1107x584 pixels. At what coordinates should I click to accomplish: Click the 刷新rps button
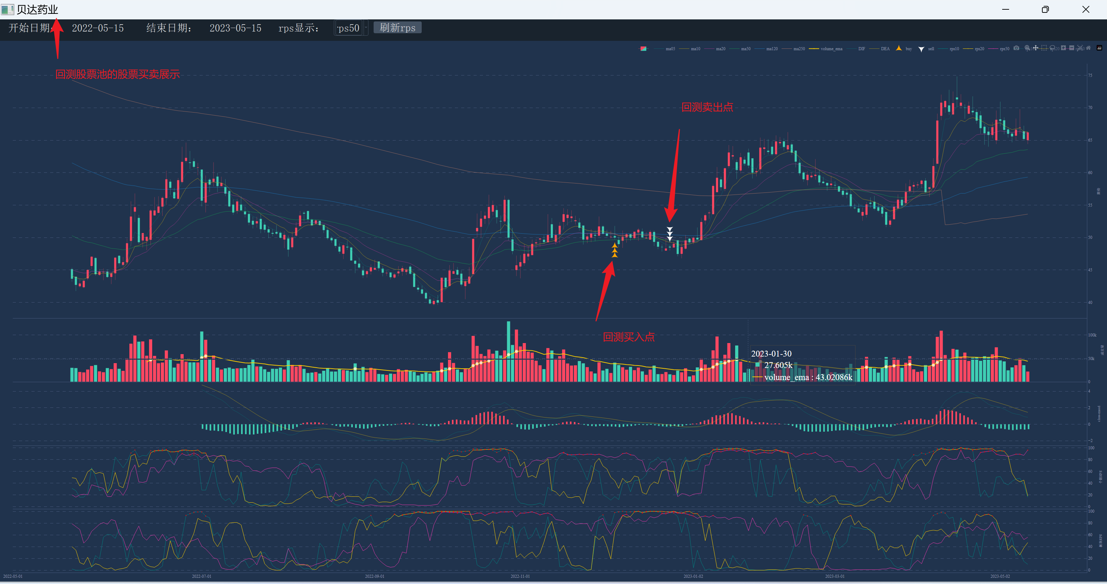(x=397, y=28)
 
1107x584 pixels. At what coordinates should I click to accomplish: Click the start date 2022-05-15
(x=98, y=28)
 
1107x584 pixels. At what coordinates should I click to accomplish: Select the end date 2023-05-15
(x=235, y=28)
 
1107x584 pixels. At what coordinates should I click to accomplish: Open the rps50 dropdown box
(x=351, y=28)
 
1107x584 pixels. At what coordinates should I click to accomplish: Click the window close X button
(x=1086, y=9)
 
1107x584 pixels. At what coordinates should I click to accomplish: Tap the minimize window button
(x=1006, y=9)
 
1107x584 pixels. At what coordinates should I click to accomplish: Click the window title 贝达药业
(x=37, y=9)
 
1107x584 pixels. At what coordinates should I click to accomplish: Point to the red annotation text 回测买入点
(x=628, y=337)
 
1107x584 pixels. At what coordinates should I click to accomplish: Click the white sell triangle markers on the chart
(x=669, y=234)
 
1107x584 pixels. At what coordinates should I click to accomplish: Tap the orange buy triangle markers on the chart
(x=614, y=250)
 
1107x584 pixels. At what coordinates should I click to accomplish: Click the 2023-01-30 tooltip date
(x=771, y=353)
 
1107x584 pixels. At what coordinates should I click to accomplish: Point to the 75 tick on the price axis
(x=1090, y=75)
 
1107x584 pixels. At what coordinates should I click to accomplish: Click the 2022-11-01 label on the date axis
(x=520, y=576)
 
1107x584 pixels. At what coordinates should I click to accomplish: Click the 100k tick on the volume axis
(x=1092, y=335)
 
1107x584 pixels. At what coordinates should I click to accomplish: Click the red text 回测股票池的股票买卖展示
(x=117, y=74)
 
